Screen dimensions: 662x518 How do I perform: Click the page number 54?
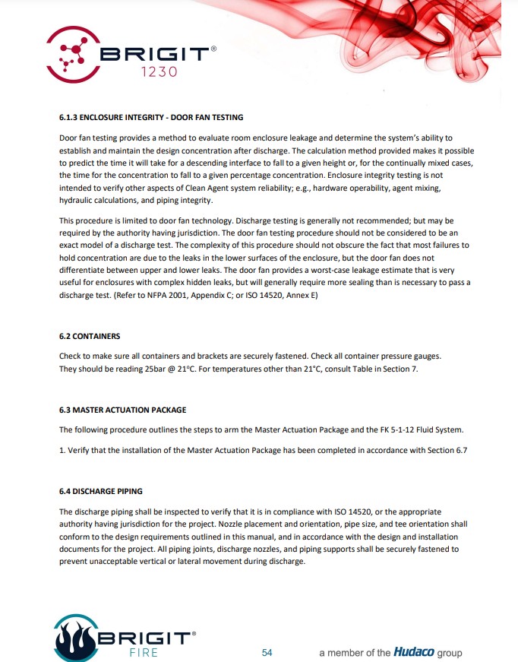pyautogui.click(x=267, y=652)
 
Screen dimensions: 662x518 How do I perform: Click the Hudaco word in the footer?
pyautogui.click(x=414, y=652)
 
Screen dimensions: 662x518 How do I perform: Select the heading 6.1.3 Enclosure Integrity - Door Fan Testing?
pyautogui.click(x=151, y=117)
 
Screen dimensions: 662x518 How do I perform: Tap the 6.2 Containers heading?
pyautogui.click(x=90, y=335)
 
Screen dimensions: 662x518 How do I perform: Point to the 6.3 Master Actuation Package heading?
pyautogui.click(x=122, y=410)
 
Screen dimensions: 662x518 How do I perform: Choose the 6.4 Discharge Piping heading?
pyautogui.click(x=100, y=491)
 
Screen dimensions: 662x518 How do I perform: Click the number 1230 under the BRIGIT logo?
pyautogui.click(x=159, y=72)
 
